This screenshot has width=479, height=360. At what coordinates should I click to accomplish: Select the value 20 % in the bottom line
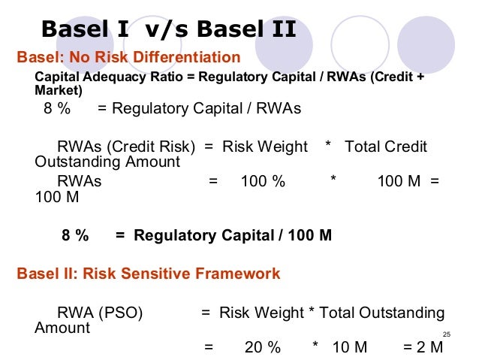click(x=262, y=347)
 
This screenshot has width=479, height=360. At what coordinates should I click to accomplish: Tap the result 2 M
click(x=423, y=347)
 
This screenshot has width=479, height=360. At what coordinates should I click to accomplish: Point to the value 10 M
click(x=349, y=347)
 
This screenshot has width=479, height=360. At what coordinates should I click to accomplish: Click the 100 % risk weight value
click(x=263, y=181)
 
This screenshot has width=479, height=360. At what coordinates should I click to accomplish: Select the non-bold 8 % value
click(x=57, y=109)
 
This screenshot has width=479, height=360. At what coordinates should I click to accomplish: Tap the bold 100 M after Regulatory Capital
click(x=309, y=235)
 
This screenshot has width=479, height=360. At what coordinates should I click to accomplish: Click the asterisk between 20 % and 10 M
click(x=315, y=347)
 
